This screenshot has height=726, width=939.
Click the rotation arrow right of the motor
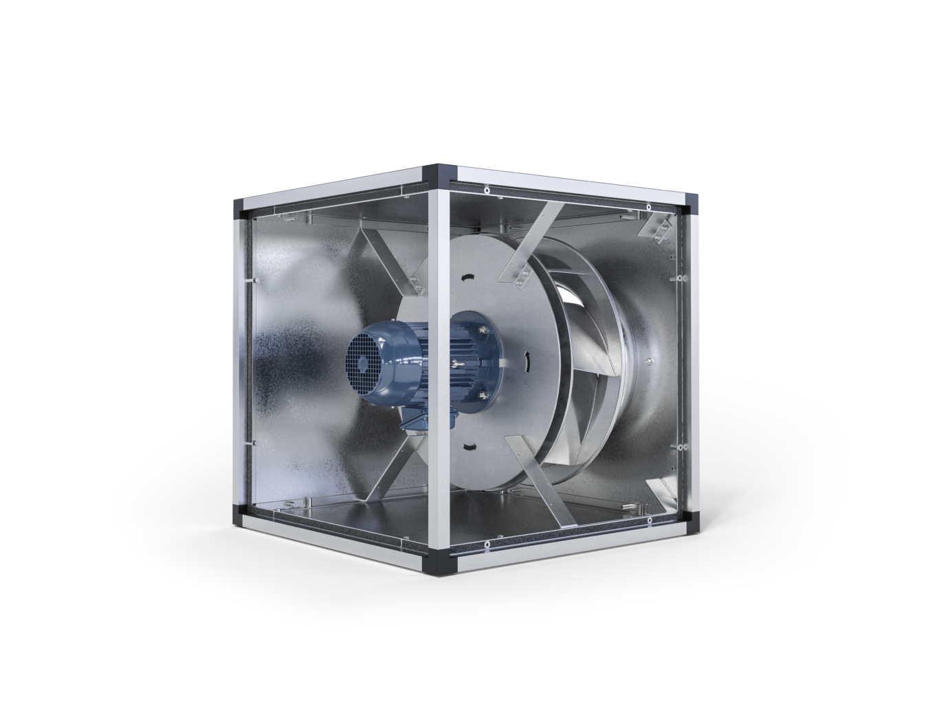pos(527,360)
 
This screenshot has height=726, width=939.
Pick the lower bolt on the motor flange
pos(480,394)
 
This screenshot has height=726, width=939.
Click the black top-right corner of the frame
pos(692,201)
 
